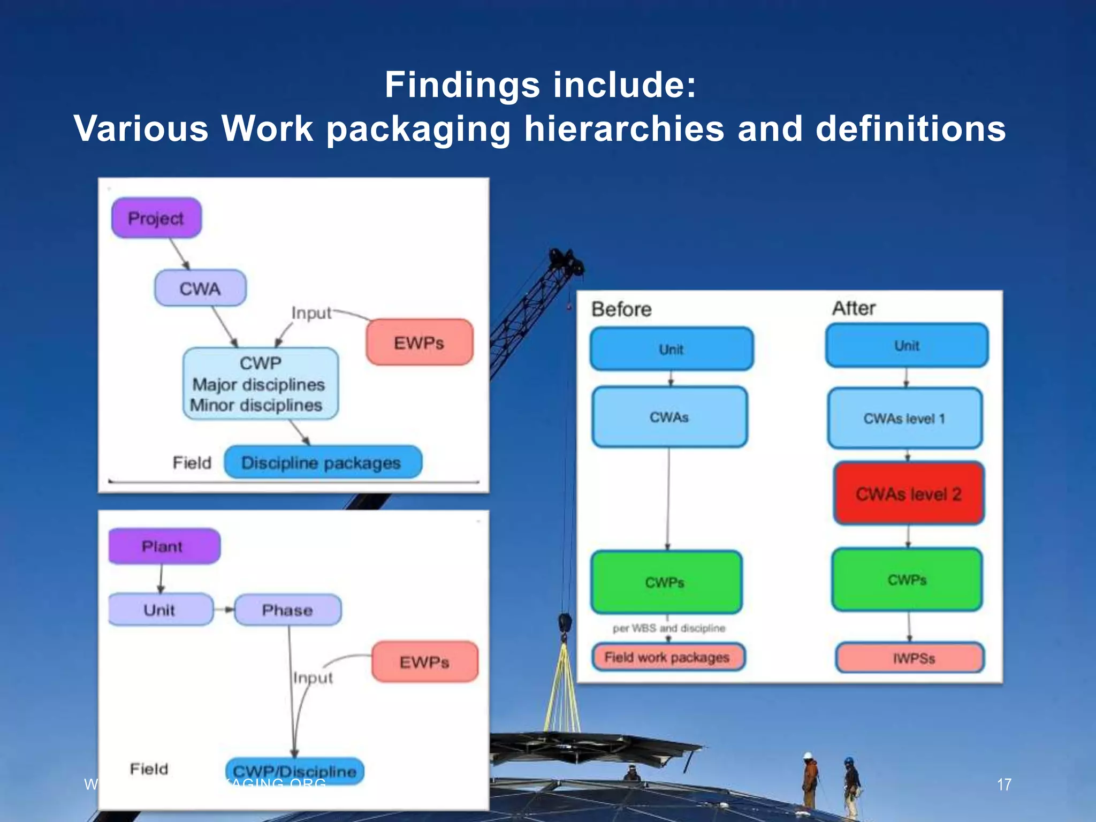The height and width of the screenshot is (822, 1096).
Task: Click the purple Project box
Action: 156,218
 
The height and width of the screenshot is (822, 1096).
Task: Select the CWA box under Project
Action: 200,288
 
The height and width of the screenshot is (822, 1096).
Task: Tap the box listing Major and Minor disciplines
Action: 260,383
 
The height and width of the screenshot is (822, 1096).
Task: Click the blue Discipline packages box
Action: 323,462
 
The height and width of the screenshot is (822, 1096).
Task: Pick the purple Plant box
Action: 164,546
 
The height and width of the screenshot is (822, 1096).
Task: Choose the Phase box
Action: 287,610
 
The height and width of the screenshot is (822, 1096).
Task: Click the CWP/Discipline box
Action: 294,771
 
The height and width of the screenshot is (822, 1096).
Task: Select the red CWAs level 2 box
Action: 908,493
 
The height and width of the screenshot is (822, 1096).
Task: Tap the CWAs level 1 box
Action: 904,418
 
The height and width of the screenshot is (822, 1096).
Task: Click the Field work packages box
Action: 667,657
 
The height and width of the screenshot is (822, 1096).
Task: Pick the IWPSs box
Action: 910,658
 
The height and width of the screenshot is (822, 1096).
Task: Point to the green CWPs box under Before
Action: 666,582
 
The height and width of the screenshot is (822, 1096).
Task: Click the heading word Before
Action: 621,309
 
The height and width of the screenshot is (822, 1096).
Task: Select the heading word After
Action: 854,308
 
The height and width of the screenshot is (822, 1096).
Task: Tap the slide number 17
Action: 1004,785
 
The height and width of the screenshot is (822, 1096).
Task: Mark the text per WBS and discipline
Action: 669,628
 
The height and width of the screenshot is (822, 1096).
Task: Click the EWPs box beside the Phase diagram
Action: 424,662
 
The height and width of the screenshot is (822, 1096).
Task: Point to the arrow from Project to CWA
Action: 180,254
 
